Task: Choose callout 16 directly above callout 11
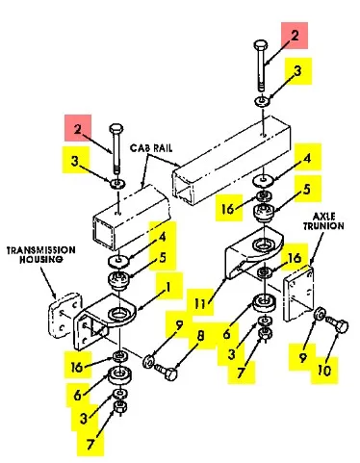(x=225, y=208)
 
